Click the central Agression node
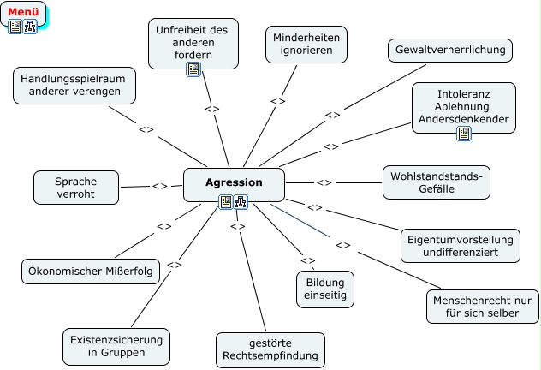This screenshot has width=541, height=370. pyautogui.click(x=234, y=182)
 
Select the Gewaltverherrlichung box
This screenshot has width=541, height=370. pyautogui.click(x=449, y=51)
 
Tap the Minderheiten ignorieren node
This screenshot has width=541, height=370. pyautogui.click(x=306, y=43)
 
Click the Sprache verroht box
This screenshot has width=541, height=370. pyautogui.click(x=75, y=188)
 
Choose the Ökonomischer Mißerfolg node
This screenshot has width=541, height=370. pyautogui.click(x=90, y=272)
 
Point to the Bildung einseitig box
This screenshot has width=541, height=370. pyautogui.click(x=325, y=287)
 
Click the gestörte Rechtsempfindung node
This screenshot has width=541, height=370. pyautogui.click(x=270, y=349)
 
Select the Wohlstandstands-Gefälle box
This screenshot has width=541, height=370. pyautogui.click(x=436, y=182)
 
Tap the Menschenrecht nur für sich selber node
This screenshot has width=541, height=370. pyautogui.click(x=483, y=307)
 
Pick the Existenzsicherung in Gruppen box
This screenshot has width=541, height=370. pyautogui.click(x=113, y=345)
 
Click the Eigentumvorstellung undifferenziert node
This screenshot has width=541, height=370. pyautogui.click(x=460, y=246)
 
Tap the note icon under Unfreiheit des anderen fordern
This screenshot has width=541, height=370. pyautogui.click(x=193, y=69)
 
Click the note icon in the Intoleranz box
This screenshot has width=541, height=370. pyautogui.click(x=464, y=134)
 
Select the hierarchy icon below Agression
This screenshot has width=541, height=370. pyautogui.click(x=241, y=202)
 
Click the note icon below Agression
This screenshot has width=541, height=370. pyautogui.click(x=226, y=202)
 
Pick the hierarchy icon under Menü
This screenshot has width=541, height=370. pyautogui.click(x=30, y=27)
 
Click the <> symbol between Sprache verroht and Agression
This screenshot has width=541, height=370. pyautogui.click(x=159, y=186)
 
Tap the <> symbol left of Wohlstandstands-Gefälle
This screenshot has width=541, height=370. pyautogui.click(x=324, y=182)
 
